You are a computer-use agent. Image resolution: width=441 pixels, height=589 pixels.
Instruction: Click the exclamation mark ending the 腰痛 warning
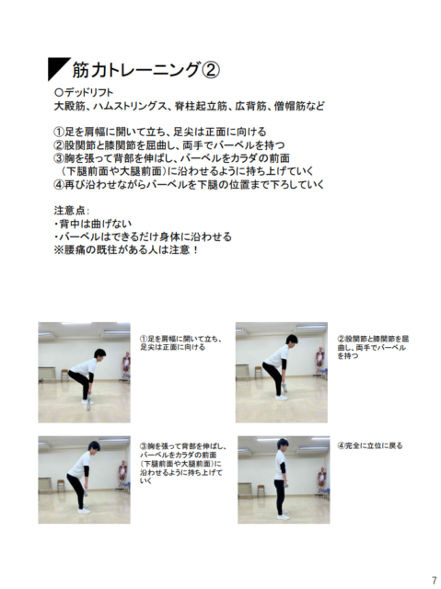coord(194,249)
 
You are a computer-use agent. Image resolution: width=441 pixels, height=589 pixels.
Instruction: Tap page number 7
coord(435,580)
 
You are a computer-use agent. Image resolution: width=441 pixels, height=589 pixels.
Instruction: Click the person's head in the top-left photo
coord(99,353)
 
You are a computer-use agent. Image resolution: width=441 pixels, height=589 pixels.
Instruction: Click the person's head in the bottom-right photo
coord(283,445)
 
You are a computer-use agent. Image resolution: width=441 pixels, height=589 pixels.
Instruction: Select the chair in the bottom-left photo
coord(61,486)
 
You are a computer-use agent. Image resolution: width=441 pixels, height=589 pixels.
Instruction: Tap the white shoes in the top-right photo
coord(281,398)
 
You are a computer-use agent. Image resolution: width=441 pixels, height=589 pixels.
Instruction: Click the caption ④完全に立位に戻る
coord(370,445)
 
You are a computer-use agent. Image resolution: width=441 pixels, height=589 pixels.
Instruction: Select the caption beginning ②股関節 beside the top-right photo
coord(372,347)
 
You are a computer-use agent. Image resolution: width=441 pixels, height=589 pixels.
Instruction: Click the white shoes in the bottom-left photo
coord(84,510)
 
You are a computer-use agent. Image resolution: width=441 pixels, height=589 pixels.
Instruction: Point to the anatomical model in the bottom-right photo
coord(322,479)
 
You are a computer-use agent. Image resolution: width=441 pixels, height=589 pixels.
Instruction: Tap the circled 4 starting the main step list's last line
coord(59,185)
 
